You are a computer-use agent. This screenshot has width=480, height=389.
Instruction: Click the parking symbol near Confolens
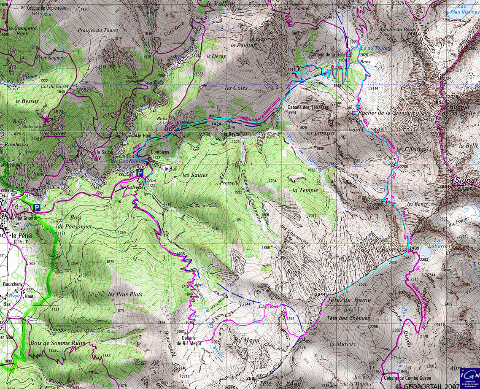140,173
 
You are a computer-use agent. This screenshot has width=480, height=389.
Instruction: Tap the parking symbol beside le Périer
37,208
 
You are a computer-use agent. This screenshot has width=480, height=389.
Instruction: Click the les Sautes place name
195,174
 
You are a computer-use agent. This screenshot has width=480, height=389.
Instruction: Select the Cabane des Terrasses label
307,108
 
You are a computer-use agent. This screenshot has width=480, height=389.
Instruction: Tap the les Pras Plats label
125,294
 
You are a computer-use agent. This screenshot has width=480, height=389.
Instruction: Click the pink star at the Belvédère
47,120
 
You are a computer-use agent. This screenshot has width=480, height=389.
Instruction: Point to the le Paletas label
243,45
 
